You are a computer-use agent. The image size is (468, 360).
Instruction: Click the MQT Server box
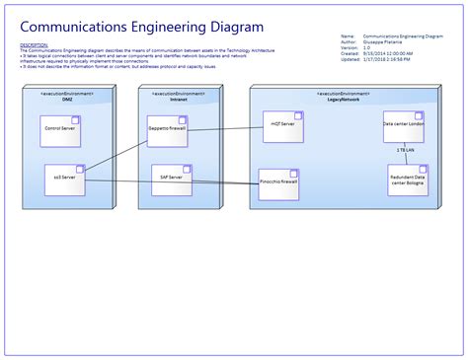pyautogui.click(x=282, y=126)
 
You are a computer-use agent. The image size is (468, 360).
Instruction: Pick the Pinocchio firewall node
pyautogui.click(x=277, y=183)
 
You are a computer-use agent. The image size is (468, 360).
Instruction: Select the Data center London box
pyautogui.click(x=403, y=126)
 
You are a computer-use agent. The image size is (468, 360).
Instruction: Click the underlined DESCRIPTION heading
pyautogui.click(x=33, y=44)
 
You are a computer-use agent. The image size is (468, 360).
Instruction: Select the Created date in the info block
pyautogui.click(x=388, y=54)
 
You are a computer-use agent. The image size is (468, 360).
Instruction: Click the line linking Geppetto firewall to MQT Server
pyautogui.click(x=224, y=127)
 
